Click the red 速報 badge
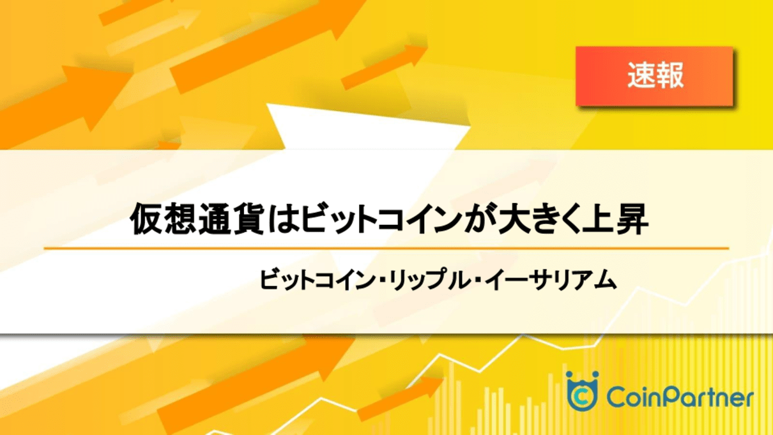point(654,76)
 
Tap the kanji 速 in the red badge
point(641,76)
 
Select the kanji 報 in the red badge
point(670,76)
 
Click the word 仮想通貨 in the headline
point(197,219)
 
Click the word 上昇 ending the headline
point(615,219)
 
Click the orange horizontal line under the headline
point(386,248)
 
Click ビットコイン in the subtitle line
point(318,280)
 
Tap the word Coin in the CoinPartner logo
point(634,397)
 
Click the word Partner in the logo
point(707,397)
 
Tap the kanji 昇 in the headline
point(632,219)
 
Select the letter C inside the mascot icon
point(582,397)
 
